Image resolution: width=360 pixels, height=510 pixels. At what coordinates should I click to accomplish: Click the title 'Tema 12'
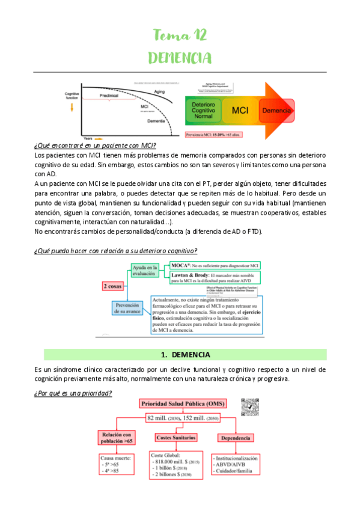point(180,36)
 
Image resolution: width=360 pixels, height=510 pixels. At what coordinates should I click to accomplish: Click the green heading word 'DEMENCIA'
point(180,58)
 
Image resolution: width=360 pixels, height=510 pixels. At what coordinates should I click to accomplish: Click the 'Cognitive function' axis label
point(72,96)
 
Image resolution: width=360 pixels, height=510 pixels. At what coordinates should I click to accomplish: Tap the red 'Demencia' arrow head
point(276,111)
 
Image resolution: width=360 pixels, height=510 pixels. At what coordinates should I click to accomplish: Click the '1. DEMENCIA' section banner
point(180,354)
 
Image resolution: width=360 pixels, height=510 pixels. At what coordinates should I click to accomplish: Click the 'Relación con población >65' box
point(116,438)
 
